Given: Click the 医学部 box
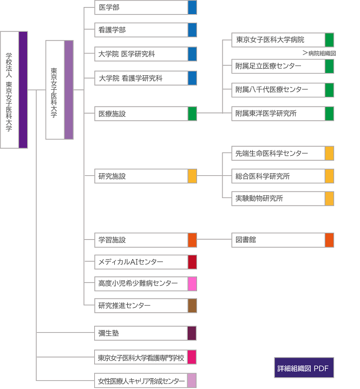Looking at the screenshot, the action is pyautogui.click(x=146, y=8).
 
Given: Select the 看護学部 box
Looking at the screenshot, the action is pyautogui.click(x=146, y=30).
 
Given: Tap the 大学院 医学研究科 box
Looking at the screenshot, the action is pyautogui.click(x=146, y=54).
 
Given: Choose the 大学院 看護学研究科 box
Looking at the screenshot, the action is pyautogui.click(x=146, y=78).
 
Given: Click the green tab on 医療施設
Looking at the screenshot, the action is pyautogui.click(x=192, y=114).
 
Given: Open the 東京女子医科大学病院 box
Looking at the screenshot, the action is pyautogui.click(x=283, y=39).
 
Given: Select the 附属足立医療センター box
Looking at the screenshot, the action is pyautogui.click(x=283, y=66).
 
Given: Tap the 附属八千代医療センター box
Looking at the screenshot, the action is pyautogui.click(x=283, y=90).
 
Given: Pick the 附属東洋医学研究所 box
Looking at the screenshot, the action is pyautogui.click(x=283, y=114).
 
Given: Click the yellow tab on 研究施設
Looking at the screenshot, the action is pyautogui.click(x=192, y=176).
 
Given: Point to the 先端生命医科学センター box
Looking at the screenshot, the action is pyautogui.click(x=283, y=153).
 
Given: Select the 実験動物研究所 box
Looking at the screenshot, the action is pyautogui.click(x=283, y=199).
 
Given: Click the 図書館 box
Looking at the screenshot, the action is pyautogui.click(x=283, y=240).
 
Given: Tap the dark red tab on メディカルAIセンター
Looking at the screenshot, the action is pyautogui.click(x=192, y=262).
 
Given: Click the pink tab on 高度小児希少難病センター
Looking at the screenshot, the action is pyautogui.click(x=192, y=284).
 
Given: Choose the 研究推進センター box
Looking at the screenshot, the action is pyautogui.click(x=146, y=306).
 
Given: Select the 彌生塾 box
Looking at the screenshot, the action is pyautogui.click(x=145, y=333).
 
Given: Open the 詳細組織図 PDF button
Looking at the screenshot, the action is pyautogui.click(x=304, y=368).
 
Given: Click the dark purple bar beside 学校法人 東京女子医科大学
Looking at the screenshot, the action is pyautogui.click(x=23, y=90).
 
